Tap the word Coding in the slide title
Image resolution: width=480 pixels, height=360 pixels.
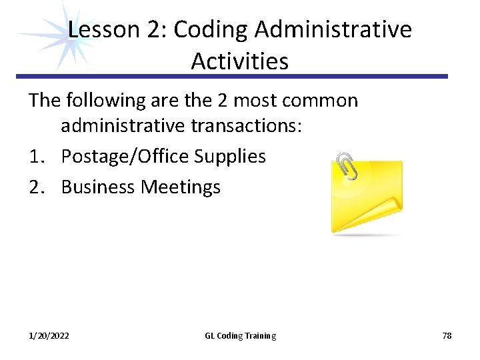point(211,29)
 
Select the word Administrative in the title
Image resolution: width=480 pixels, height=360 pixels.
point(333,29)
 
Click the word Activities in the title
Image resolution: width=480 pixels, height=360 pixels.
point(239,61)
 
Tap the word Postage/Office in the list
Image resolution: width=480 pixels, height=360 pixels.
point(125,157)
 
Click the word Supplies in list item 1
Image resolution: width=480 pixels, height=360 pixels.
point(229,157)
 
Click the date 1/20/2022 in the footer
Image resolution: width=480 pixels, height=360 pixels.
point(48,336)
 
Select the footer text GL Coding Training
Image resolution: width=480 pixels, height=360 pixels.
point(240,336)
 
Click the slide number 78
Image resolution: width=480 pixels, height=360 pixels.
point(447,336)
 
